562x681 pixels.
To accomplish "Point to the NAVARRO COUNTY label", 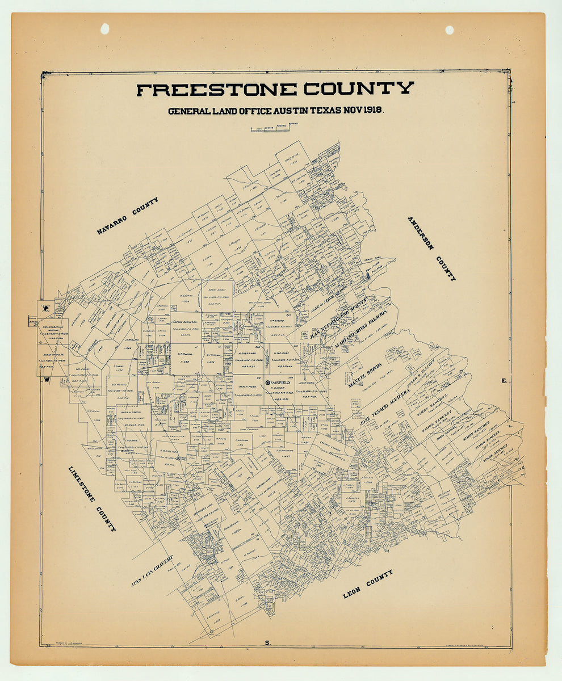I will click(x=128, y=216).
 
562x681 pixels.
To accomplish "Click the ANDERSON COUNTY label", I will click(x=431, y=249).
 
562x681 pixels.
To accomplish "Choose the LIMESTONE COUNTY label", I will click(x=92, y=499).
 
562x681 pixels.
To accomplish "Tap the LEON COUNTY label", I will click(x=368, y=585).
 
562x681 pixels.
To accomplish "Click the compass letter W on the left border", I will click(x=49, y=381).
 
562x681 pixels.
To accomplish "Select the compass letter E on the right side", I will click(x=504, y=381).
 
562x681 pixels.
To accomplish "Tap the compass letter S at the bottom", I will click(x=267, y=642).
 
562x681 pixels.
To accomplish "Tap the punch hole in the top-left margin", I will click(x=104, y=28).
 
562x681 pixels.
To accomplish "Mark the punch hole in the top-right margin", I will click(x=450, y=30).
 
